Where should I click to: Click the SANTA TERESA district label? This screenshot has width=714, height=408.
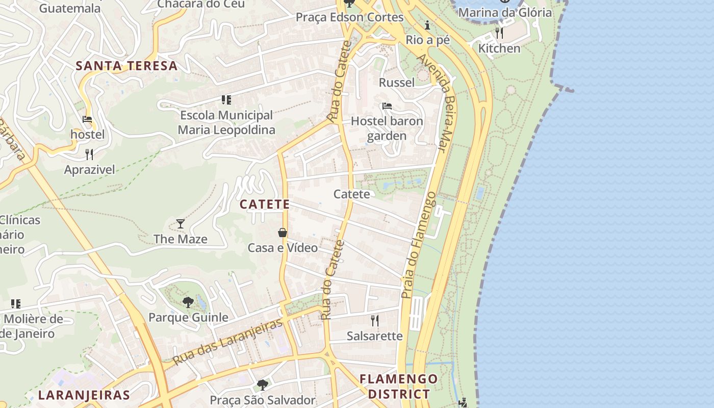tap(126, 66)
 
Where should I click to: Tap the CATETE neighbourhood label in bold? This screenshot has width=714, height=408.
tap(265, 205)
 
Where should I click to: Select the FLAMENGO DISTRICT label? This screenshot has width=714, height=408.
tap(399, 387)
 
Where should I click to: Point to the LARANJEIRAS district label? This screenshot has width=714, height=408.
tap(84, 395)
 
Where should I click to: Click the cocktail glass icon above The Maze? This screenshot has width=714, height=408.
tap(181, 223)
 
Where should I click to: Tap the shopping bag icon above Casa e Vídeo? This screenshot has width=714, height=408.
tap(283, 233)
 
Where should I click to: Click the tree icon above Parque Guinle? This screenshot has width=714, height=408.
tap(188, 302)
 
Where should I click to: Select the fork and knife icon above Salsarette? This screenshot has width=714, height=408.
tap(375, 320)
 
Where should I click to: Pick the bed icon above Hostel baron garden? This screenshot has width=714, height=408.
tap(387, 106)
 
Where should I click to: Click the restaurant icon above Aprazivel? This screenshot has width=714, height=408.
tap(89, 154)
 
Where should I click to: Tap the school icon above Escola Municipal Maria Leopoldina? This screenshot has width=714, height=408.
tap(226, 100)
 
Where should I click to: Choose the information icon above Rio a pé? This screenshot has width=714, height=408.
tap(427, 25)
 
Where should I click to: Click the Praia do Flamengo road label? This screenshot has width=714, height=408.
tap(418, 245)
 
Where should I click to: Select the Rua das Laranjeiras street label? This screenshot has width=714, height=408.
tap(227, 342)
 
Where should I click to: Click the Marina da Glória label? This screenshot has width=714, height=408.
tap(505, 12)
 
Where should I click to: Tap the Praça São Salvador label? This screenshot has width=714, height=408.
tap(263, 400)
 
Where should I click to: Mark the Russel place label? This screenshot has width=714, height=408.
tap(397, 83)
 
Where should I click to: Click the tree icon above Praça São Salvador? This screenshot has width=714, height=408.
tap(263, 385)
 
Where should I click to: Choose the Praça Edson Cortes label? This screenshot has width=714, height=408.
tap(350, 17)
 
